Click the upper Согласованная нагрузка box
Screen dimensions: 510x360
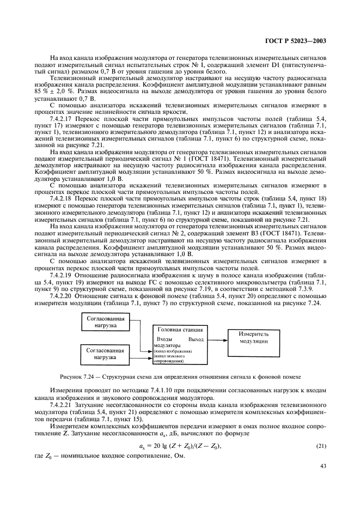[107, 322]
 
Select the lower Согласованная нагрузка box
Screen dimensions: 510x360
[107, 354]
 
